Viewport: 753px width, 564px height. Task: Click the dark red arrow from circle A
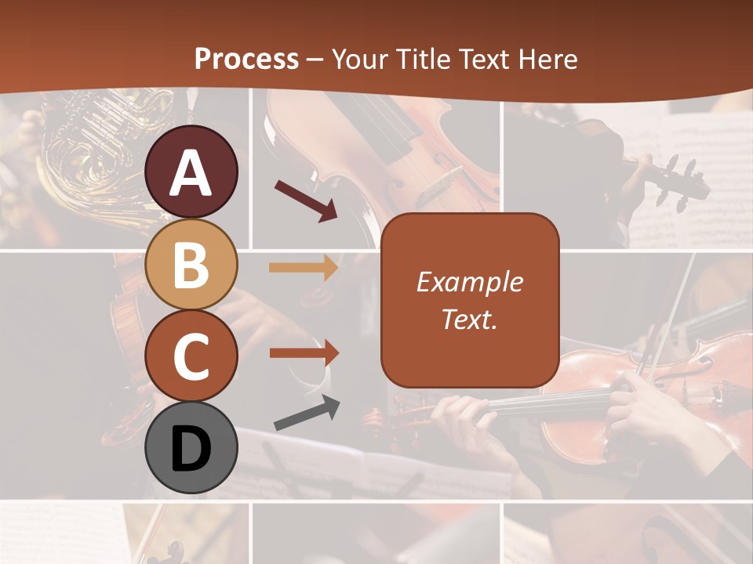(x=306, y=200)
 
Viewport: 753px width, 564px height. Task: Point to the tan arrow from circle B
(x=304, y=268)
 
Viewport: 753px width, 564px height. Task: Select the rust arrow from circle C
(x=304, y=352)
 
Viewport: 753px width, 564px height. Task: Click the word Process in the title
(x=246, y=59)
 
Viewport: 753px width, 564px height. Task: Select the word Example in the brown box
(x=469, y=282)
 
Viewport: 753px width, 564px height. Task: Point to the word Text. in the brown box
(x=469, y=319)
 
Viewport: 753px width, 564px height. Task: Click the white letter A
(x=191, y=174)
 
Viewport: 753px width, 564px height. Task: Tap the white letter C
(x=191, y=357)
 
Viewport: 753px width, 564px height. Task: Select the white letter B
(x=191, y=265)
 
